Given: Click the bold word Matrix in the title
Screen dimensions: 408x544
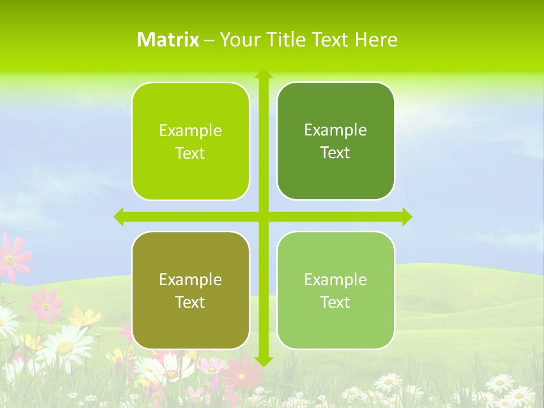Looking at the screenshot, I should point(168,40).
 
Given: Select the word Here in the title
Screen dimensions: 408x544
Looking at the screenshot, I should point(376,40).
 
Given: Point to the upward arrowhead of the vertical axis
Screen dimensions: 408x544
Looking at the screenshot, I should point(263,74).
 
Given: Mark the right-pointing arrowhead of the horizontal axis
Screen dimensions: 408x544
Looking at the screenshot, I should point(406,217).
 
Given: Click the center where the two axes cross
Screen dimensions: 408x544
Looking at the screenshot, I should point(263,217).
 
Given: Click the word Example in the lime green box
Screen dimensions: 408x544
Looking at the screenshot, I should point(190,131).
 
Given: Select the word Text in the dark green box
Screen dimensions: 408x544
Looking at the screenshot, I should point(335,153).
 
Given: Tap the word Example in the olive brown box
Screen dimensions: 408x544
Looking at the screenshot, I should point(190,280).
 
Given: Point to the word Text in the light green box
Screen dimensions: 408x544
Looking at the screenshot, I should point(335,303).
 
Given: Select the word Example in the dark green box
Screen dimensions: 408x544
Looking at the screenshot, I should point(335,130).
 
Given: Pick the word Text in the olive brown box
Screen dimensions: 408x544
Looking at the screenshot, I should point(190,303).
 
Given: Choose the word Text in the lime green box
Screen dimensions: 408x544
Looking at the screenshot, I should point(190,154).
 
